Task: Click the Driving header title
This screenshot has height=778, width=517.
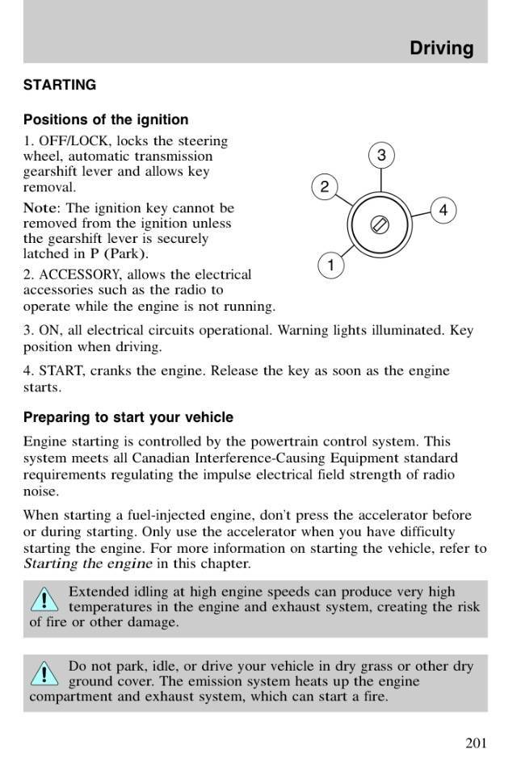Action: point(441,48)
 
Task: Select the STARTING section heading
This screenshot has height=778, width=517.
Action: point(60,85)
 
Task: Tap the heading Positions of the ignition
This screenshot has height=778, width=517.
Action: point(106,119)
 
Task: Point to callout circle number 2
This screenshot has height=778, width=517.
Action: point(324,188)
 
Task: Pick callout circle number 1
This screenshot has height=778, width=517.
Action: point(330,265)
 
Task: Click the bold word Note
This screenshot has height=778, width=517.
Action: point(40,207)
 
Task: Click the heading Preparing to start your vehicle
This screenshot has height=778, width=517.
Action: point(128,417)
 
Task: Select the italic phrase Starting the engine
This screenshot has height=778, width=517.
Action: point(87,563)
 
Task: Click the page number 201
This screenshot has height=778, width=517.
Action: point(476,743)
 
